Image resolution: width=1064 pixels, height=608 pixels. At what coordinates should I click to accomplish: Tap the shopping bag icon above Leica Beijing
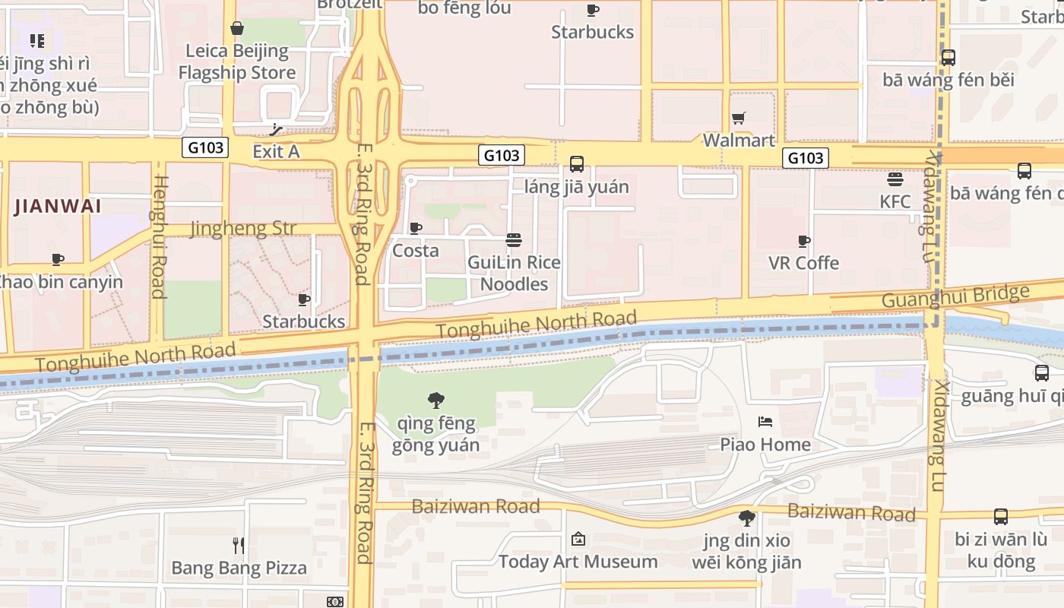pos(237,29)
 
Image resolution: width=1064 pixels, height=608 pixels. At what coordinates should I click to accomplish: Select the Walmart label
pos(738,141)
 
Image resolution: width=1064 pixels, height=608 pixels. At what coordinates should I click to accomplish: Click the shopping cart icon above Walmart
pos(738,118)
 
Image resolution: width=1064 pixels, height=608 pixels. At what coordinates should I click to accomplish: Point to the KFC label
pos(895,201)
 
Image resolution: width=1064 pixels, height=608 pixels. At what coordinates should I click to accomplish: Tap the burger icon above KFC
pos(895,179)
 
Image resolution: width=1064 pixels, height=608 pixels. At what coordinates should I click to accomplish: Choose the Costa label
pos(415,251)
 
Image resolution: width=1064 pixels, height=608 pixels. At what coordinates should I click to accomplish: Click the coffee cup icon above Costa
pos(416,228)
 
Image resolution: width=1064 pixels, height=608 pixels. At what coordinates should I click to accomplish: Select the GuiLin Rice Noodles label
pos(514,274)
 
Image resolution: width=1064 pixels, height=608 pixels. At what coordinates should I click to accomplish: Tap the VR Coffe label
pos(803,263)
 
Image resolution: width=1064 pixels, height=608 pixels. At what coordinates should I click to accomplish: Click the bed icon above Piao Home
pos(765,422)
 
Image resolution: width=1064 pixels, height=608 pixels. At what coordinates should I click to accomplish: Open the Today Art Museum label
pos(578,562)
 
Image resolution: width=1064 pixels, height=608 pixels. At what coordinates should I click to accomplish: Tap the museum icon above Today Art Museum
pos(578,539)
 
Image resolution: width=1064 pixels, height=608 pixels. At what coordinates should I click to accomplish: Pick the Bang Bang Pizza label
pos(239,568)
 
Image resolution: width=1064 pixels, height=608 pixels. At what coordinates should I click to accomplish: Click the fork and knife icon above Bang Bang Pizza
pos(239,545)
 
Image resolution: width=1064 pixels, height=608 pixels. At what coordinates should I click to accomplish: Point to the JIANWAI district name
pos(57,206)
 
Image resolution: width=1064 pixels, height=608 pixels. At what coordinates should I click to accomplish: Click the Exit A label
pos(276,151)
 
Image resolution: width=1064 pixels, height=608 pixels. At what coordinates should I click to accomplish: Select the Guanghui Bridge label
pos(955,296)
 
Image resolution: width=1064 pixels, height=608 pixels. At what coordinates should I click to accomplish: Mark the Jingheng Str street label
pos(243,229)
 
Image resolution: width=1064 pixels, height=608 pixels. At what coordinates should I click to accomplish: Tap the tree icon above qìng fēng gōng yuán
pos(436,400)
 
